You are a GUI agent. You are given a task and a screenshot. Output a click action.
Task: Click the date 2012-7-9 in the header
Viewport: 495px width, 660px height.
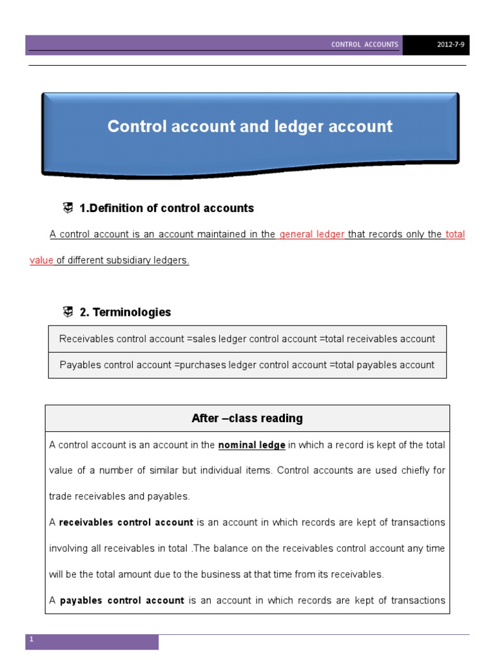click(x=436, y=45)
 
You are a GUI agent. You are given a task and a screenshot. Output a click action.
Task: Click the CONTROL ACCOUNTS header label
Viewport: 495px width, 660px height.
click(x=365, y=45)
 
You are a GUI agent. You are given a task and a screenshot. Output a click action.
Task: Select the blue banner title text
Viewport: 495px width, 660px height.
click(x=249, y=126)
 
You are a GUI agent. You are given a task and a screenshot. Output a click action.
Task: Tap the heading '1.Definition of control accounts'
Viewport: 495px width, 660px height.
click(x=166, y=208)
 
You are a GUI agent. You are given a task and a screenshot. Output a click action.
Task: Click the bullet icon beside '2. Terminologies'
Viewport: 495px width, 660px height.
click(x=68, y=312)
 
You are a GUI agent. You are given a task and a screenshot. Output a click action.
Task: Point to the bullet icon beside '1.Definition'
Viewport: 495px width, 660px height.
click(x=68, y=208)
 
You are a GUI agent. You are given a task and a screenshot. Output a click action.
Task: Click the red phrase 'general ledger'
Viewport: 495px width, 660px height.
click(x=312, y=235)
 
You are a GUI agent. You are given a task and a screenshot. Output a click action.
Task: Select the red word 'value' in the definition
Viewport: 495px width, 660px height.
click(x=41, y=260)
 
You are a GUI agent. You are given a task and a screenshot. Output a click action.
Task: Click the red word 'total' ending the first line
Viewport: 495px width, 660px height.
click(x=455, y=235)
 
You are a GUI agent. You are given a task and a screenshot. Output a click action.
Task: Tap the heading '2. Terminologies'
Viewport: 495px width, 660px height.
click(x=125, y=313)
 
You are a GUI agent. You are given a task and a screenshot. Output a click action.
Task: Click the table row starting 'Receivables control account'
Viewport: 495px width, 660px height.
click(x=247, y=339)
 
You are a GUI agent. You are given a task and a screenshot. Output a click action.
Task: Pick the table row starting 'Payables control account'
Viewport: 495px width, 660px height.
click(x=247, y=365)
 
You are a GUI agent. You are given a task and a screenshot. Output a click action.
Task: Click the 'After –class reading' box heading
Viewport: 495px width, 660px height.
click(x=247, y=418)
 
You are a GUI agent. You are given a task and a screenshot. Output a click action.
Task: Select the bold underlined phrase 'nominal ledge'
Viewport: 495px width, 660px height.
click(x=252, y=445)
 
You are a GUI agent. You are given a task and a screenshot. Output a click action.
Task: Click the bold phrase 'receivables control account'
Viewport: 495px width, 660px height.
click(x=126, y=522)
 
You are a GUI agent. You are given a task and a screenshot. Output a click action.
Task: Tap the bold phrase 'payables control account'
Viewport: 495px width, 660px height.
click(x=122, y=600)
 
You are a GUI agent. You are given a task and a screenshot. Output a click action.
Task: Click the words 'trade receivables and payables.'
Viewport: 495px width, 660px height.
click(x=119, y=496)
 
